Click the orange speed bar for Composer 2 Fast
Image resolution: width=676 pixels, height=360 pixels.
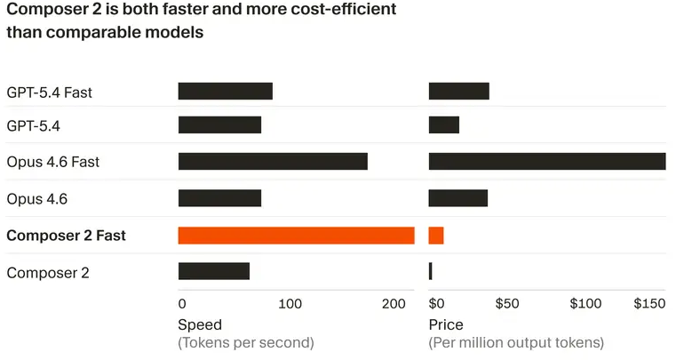pyautogui.click(x=296, y=236)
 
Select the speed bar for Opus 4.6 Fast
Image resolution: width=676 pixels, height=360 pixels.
pyautogui.click(x=273, y=162)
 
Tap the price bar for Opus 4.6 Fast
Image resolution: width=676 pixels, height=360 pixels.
pyautogui.click(x=546, y=162)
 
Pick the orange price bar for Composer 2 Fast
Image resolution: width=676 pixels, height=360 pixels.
pyautogui.click(x=436, y=236)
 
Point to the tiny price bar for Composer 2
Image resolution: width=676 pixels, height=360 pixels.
pyautogui.click(x=431, y=271)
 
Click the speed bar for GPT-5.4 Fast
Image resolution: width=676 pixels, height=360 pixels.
pyautogui.click(x=225, y=91)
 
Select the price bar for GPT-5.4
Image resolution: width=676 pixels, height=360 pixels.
pyautogui.click(x=444, y=125)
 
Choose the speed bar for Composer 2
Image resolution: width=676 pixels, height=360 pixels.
pyautogui.click(x=213, y=271)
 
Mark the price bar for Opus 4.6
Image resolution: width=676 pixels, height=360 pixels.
pyautogui.click(x=458, y=198)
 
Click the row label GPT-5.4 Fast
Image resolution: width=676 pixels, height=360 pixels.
pyautogui.click(x=49, y=92)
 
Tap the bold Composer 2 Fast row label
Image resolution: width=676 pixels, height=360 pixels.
pyautogui.click(x=66, y=236)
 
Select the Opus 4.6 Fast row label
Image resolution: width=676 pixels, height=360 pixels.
pyautogui.click(x=52, y=163)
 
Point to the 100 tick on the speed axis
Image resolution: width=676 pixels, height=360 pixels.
pyautogui.click(x=290, y=304)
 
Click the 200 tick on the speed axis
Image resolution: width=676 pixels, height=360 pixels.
pyautogui.click(x=394, y=304)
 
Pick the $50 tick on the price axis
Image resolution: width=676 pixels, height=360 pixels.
pyautogui.click(x=506, y=304)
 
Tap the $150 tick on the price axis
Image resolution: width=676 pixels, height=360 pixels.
pyautogui.click(x=649, y=304)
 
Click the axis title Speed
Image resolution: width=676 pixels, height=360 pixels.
pyautogui.click(x=200, y=324)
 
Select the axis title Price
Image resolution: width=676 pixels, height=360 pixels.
pyautogui.click(x=446, y=324)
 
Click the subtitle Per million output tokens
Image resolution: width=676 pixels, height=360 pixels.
pyautogui.click(x=516, y=342)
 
